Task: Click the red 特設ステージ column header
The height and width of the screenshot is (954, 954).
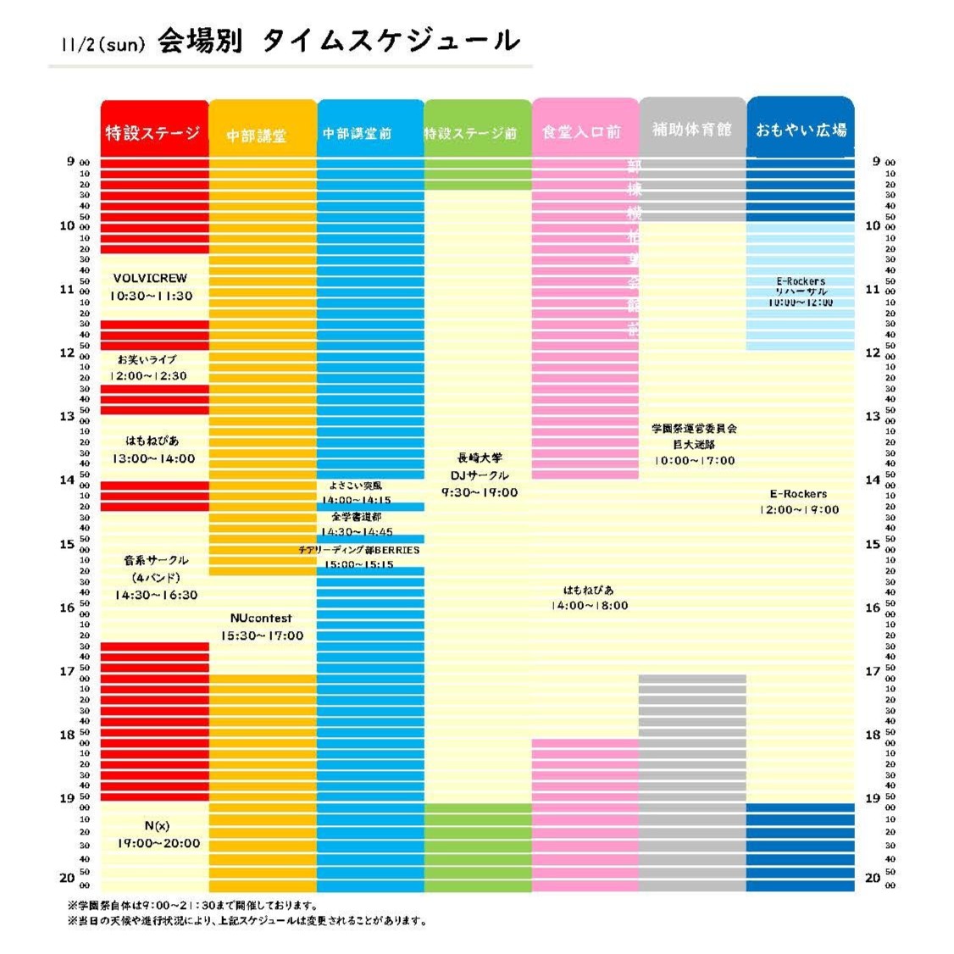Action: [153, 132]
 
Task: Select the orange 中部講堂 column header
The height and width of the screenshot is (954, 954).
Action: [261, 135]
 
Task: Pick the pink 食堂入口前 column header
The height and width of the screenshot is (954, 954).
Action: [584, 131]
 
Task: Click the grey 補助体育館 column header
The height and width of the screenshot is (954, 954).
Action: [691, 129]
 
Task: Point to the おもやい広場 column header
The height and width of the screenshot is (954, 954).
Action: [800, 129]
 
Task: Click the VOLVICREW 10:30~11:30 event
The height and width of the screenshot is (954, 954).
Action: [151, 287]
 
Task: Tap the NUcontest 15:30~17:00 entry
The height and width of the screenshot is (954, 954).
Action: [262, 627]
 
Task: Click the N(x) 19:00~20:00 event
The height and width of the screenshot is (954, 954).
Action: [158, 835]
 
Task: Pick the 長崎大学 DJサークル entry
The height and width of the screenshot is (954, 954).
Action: [479, 474]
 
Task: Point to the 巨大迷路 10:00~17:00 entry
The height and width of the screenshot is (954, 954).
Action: [694, 445]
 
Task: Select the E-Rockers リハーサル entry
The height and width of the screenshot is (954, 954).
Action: [800, 291]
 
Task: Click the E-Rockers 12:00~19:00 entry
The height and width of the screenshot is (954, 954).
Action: [799, 502]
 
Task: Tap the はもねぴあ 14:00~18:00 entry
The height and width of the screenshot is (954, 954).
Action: [589, 597]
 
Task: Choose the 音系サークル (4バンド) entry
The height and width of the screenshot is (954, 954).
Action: [156, 577]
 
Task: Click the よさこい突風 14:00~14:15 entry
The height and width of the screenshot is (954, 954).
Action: [356, 493]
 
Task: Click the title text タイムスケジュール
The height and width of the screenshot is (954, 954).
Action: [390, 41]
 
